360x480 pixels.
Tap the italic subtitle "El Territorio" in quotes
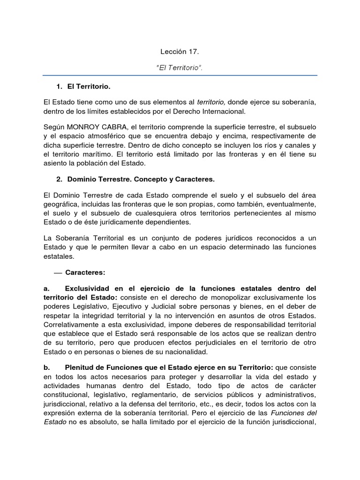[180, 68]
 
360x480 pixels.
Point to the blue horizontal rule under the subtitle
[180, 75]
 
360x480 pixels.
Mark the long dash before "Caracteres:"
[58, 272]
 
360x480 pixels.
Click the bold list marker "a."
[46, 287]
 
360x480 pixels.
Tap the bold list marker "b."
[46, 368]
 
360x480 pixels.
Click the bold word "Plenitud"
[80, 368]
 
